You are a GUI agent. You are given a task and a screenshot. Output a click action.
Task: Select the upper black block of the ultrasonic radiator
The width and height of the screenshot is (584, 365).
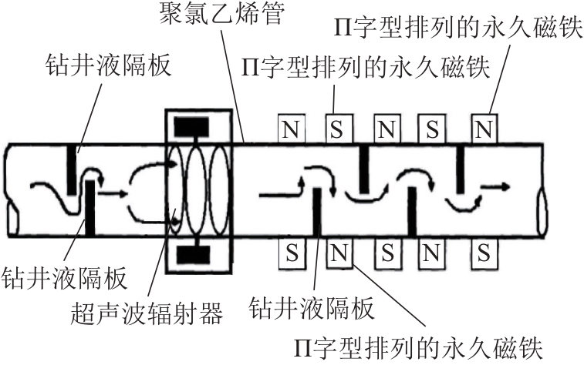click(195, 125)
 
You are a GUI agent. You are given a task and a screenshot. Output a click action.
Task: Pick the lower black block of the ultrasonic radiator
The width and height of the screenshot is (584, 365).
click(195, 253)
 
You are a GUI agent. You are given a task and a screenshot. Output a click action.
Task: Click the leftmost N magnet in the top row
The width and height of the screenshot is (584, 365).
click(291, 128)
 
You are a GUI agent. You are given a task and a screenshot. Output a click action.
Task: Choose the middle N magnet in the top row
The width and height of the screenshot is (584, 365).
click(387, 128)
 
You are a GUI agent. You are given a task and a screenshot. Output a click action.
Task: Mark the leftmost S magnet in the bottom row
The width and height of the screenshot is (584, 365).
click(291, 251)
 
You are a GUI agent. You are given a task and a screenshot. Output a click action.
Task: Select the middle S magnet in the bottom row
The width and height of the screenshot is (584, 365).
click(387, 251)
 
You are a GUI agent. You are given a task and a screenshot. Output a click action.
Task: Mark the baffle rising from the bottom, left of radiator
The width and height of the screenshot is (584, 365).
click(90, 206)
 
